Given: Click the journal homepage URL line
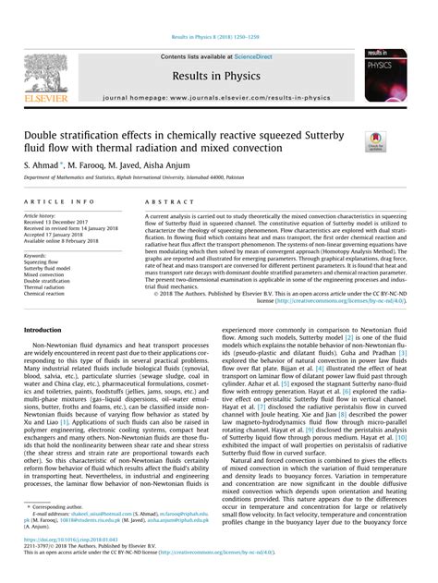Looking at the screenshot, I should [219, 96].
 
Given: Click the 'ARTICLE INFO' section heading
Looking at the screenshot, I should [58, 200].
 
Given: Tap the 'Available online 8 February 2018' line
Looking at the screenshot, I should [68, 241].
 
